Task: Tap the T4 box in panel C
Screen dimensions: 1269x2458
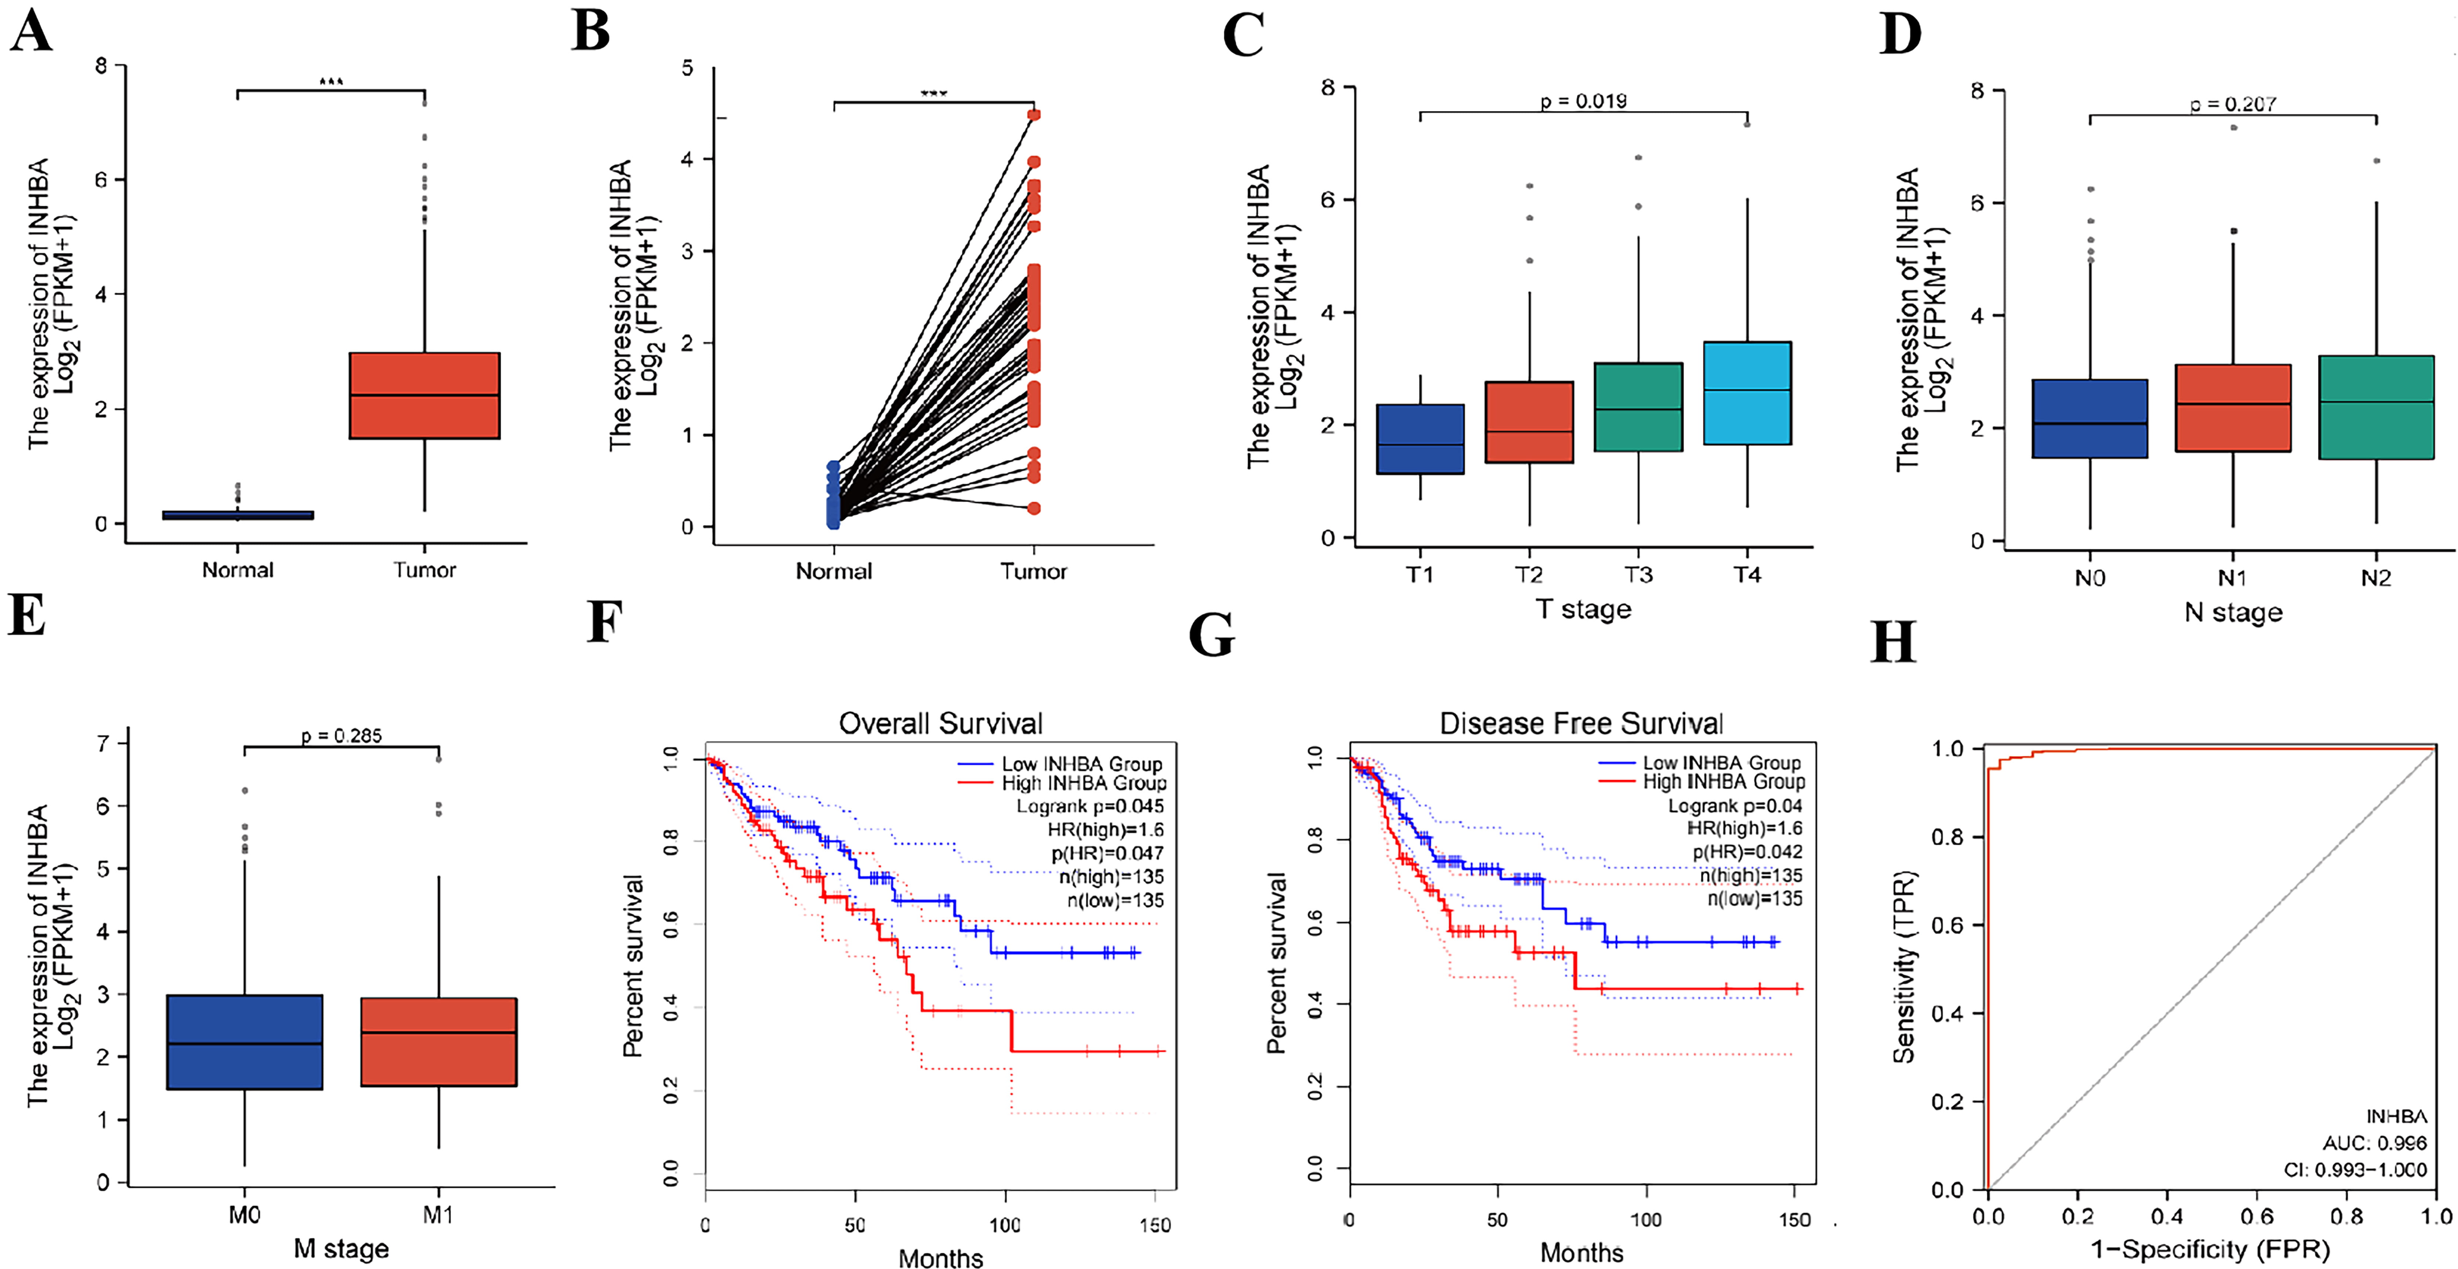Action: (1747, 393)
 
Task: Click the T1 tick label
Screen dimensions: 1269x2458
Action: (1420, 574)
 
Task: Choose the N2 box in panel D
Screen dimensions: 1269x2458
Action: (2376, 407)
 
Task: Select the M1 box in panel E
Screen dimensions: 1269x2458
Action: (439, 1042)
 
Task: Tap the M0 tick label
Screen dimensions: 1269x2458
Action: (244, 1215)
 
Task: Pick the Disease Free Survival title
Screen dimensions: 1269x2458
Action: (1581, 723)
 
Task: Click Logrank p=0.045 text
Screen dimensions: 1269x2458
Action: (1090, 806)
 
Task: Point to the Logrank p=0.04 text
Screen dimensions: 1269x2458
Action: (1735, 805)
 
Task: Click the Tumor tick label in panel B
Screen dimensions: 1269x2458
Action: (1033, 572)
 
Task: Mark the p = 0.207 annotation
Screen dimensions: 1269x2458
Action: (2233, 104)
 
